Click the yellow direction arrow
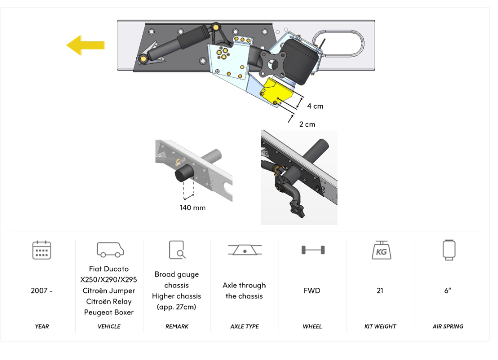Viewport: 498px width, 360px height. pos(85,45)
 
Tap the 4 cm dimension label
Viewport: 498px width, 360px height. pos(315,106)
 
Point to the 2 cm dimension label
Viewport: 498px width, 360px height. pos(307,124)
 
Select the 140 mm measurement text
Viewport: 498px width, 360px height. pos(192,207)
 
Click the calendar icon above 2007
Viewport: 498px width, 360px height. pos(42,250)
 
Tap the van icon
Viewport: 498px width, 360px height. pos(109,249)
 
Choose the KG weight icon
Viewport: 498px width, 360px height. pos(380,250)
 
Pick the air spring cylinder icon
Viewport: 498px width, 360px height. pos(448,250)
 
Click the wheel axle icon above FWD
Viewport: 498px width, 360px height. pos(313,250)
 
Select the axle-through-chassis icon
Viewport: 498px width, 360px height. pos(244,250)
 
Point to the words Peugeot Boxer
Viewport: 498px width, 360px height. pos(109,312)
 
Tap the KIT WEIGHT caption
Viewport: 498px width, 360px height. pos(380,326)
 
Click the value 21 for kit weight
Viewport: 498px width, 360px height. pos(380,290)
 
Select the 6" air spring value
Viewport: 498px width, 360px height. pos(448,290)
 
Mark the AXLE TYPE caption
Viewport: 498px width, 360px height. pos(244,326)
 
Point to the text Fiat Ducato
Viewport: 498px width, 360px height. pos(109,269)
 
